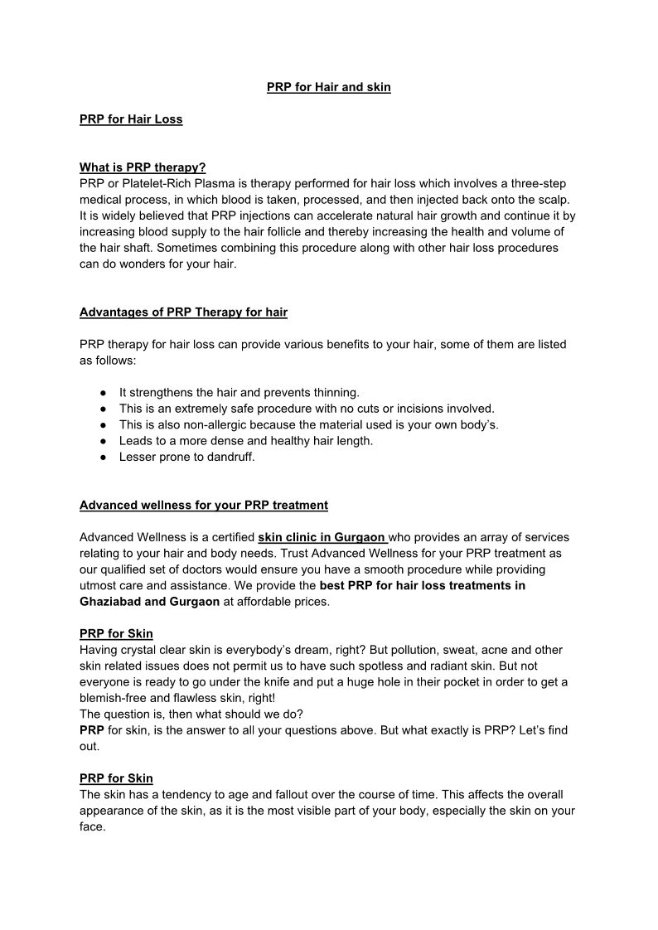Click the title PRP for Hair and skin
point(328,87)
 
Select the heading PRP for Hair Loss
point(131,119)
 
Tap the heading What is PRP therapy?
point(143,167)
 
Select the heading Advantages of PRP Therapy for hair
point(183,312)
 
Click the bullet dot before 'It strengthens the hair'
point(103,393)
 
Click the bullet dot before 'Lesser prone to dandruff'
point(103,457)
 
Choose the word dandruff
point(230,457)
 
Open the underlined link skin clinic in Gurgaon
point(322,537)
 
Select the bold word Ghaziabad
point(110,602)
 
